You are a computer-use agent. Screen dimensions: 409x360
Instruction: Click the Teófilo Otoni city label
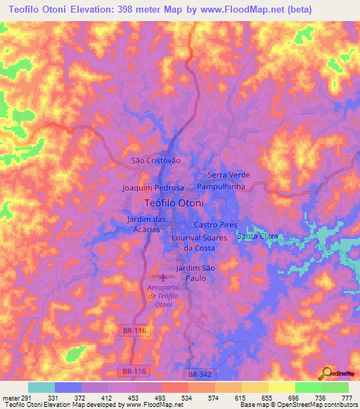pos(174,203)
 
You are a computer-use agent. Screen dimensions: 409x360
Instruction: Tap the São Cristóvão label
pos(156,161)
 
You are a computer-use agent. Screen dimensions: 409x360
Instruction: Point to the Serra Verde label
pos(229,175)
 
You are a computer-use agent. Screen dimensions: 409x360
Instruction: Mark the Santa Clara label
pos(258,236)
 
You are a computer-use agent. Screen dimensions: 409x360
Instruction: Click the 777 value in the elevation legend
pos(346,397)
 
